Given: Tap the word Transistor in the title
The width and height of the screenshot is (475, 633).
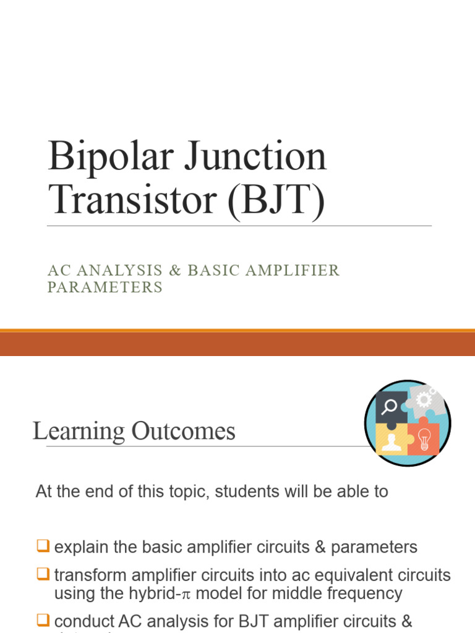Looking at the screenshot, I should point(132,200).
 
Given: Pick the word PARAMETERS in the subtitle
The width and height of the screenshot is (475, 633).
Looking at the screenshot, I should point(105,287).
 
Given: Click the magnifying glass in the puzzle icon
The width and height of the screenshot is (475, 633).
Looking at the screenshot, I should point(390,407).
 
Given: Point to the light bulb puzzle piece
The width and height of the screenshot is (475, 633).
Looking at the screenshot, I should point(424,439).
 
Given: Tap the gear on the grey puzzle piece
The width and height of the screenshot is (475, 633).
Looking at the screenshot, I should point(424,399).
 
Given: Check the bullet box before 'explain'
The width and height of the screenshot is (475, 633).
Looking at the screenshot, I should point(42,546).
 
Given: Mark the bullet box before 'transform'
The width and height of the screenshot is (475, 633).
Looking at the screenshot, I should point(42,574).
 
